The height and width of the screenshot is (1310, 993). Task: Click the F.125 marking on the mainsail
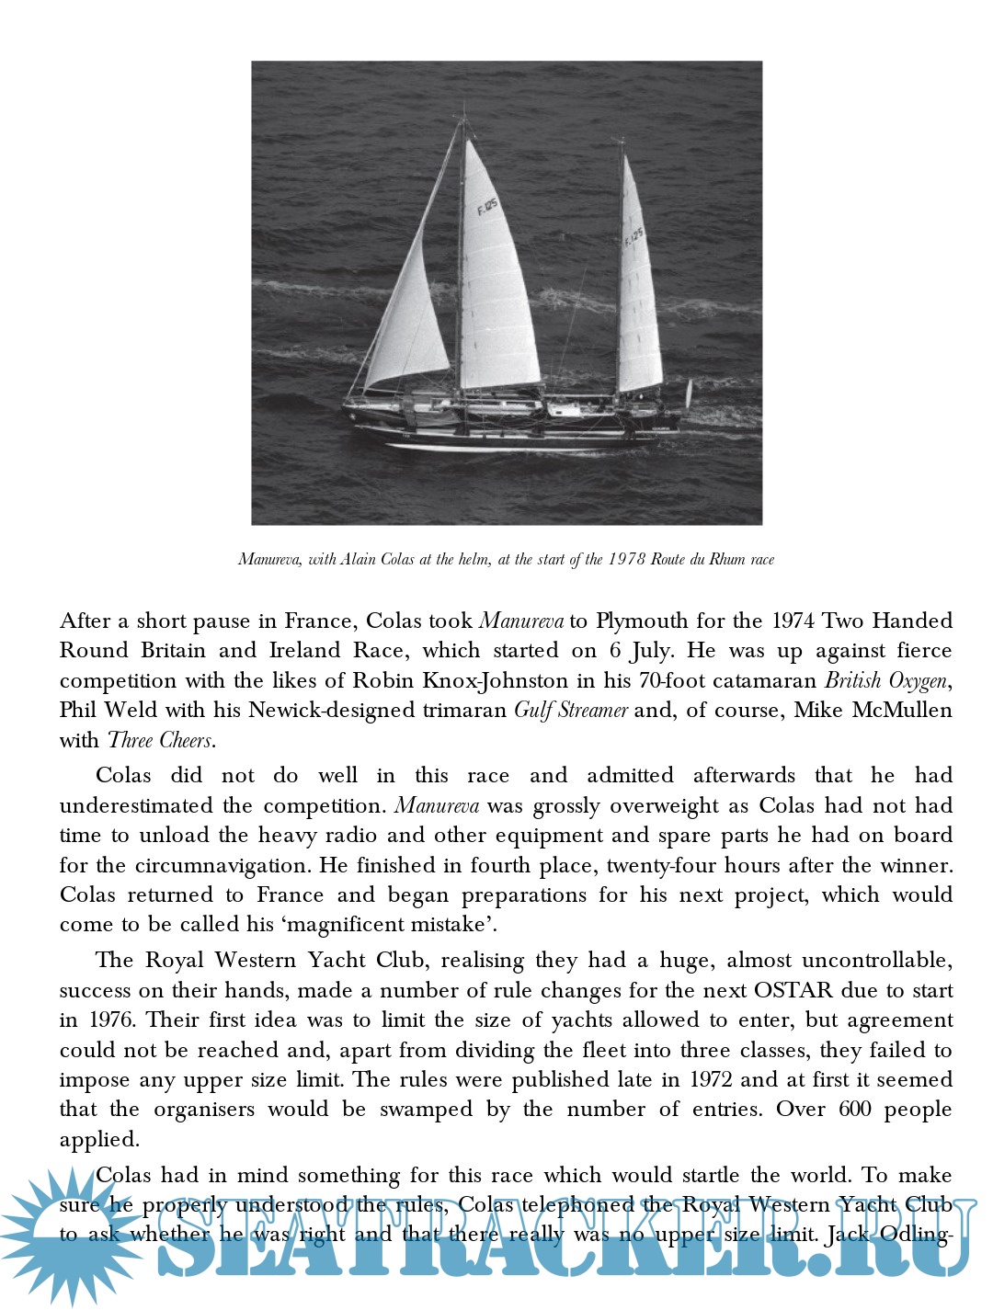(487, 207)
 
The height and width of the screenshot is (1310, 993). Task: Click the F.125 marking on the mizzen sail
(634, 237)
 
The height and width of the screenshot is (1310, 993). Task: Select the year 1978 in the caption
(627, 559)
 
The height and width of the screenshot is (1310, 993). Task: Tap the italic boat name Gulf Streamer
(571, 710)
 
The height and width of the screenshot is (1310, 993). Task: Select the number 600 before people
(855, 1110)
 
